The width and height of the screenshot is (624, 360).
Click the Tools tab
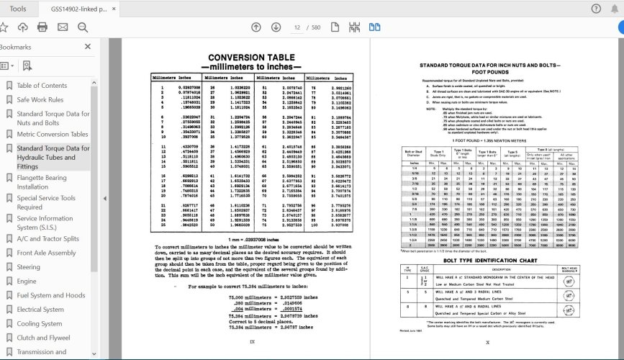point(19,9)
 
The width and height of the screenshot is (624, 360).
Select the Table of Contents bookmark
point(42,86)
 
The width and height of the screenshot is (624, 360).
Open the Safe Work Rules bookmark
point(40,100)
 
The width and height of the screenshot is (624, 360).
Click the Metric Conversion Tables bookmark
point(53,134)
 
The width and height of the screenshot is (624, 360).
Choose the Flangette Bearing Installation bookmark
point(42,182)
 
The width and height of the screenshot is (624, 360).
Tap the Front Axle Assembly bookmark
point(46,253)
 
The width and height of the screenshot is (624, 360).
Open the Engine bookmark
point(27,282)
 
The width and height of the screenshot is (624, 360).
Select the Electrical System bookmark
point(40,310)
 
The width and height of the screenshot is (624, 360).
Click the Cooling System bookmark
point(39,324)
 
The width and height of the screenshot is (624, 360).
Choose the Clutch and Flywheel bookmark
point(43,338)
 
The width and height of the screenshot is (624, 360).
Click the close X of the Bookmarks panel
point(88,47)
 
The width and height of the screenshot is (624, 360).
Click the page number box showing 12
point(297,27)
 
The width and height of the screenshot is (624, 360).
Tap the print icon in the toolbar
point(42,27)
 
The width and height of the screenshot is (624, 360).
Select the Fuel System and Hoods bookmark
point(50,295)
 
